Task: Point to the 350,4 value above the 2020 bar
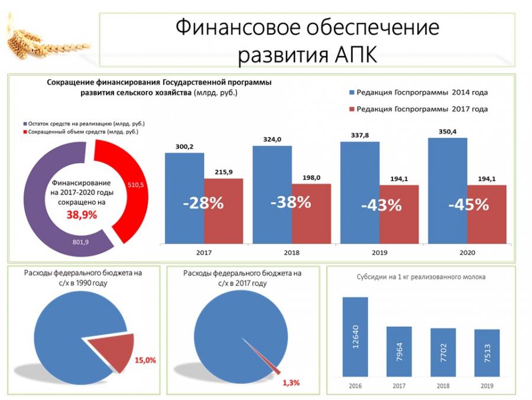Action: tap(447, 131)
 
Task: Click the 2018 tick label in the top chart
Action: tap(291, 252)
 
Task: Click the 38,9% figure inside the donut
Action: tap(82, 215)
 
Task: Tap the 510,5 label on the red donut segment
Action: tap(137, 185)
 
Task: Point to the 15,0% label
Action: tap(145, 360)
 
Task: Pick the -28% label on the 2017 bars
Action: tap(203, 204)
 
